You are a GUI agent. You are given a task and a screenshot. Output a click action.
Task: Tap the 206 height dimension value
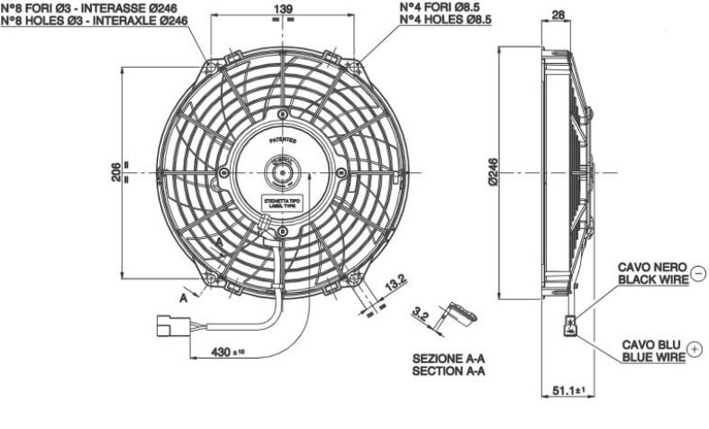[x=116, y=171]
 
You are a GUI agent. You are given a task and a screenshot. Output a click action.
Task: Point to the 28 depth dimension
[x=558, y=14]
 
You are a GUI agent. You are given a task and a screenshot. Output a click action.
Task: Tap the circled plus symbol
[x=694, y=348]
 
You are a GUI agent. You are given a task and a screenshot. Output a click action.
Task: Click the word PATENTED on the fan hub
[x=282, y=142]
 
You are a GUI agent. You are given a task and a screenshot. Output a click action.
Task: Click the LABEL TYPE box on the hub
[x=282, y=204]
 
